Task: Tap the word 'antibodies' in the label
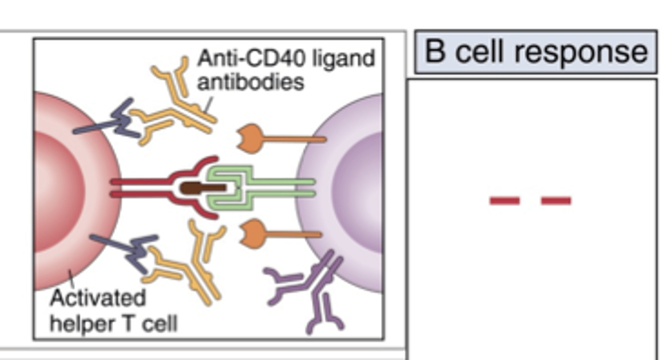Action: [x=250, y=82]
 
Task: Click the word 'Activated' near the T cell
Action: [x=97, y=298]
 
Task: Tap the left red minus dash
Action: [x=504, y=201]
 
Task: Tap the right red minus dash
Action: [x=556, y=201]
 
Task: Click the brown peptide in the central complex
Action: [x=203, y=188]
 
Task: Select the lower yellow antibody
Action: [x=189, y=268]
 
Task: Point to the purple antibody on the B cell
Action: [x=309, y=287]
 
